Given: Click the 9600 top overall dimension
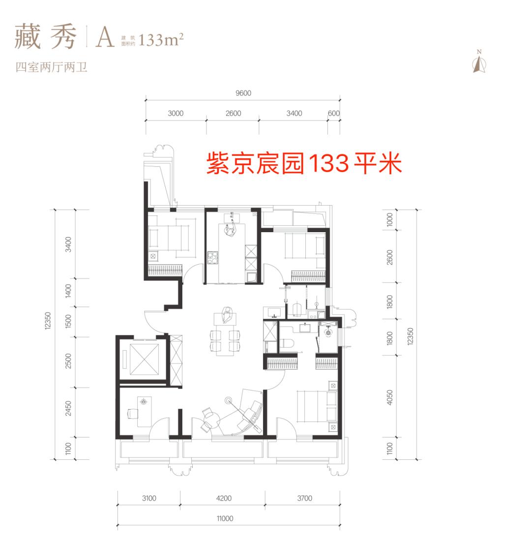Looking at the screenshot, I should coord(243,93).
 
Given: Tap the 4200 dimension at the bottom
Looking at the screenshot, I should coord(224,498).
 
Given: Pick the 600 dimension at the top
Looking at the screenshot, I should coord(334,113).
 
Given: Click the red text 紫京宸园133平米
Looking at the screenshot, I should coord(304,163).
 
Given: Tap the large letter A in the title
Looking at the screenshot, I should coord(105,38).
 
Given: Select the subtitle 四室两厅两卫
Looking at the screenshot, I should coord(51,67).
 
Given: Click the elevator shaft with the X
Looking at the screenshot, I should coord(142,359).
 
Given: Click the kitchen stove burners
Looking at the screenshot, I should coord(212,258).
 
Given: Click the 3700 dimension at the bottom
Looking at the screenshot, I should coord(304,498).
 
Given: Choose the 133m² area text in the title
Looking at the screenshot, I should coord(161,39).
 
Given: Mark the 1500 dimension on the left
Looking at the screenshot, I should coord(68,323).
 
